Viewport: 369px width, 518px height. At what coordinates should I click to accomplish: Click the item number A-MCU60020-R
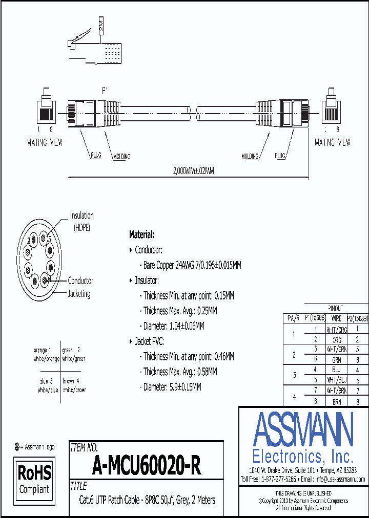coord(147,465)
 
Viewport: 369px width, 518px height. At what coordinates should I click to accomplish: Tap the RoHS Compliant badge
coord(34,479)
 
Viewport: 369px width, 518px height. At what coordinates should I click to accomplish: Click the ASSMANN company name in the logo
coord(303,429)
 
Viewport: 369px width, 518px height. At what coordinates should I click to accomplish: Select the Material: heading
coord(141,234)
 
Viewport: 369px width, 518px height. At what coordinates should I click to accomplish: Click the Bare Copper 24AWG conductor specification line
coord(190,265)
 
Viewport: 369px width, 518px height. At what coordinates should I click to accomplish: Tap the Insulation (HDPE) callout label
coord(82,221)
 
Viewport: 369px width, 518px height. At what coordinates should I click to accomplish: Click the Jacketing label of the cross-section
coord(79,293)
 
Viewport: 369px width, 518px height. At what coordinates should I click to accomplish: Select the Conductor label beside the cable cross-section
coord(80,280)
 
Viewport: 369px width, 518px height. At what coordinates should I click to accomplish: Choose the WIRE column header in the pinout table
coord(336,318)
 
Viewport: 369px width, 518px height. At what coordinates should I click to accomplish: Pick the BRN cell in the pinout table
coord(336,402)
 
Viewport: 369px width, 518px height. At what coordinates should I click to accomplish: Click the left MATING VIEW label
coord(45,142)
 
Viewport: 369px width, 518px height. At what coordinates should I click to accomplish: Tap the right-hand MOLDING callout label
coord(250,156)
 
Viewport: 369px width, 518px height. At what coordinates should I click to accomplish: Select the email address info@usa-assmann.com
coord(340,479)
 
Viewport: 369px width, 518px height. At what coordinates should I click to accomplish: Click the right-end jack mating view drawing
coord(332,107)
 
